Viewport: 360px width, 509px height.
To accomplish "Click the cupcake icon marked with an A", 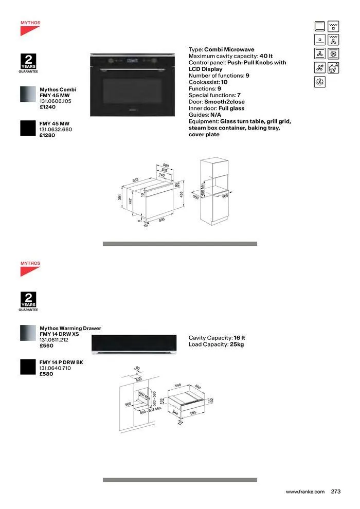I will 334,68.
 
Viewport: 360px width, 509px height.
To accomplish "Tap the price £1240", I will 48,107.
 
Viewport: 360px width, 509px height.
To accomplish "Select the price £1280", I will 48,135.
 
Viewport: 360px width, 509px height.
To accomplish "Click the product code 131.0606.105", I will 56,102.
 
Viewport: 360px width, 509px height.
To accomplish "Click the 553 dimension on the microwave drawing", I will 135,180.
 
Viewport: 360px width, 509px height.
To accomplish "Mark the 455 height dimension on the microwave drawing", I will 182,194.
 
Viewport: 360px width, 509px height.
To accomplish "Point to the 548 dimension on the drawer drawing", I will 178,385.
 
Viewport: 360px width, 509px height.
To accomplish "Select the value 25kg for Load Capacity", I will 237,344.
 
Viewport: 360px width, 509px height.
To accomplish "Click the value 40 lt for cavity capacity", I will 266,56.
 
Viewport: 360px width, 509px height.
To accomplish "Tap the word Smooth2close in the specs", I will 224,102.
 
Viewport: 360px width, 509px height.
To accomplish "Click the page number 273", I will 336,492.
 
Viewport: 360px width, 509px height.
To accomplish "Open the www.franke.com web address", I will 305,492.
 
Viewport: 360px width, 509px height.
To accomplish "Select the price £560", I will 46,346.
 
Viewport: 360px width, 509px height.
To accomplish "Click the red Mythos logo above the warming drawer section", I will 30,268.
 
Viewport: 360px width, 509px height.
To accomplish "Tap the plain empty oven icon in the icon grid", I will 320,26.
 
